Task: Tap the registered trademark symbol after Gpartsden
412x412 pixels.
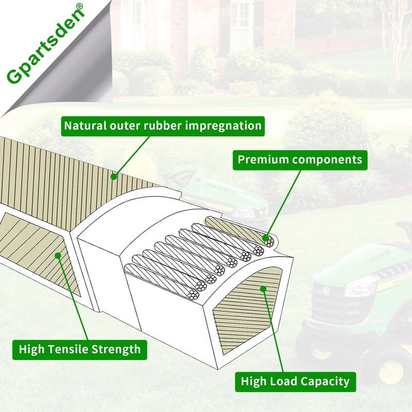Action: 79,8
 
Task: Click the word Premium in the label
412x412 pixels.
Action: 262,159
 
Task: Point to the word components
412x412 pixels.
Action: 327,159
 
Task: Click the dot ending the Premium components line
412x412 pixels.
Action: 266,238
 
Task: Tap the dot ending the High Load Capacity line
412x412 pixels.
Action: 263,289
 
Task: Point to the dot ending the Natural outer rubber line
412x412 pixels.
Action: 114,176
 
